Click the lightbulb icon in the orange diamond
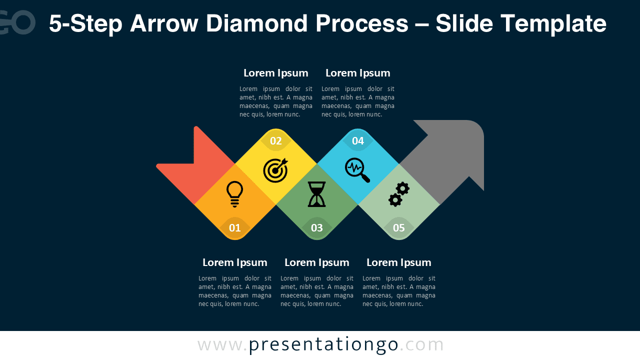pos(234,194)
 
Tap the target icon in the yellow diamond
pos(275,170)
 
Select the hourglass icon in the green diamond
pos(316,194)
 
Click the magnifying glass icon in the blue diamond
pos(357,170)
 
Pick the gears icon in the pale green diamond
pos(399,194)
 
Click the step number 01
pos(234,228)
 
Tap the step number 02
pos(276,141)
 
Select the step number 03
pos(317,228)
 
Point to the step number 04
pos(358,141)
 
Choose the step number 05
pos(399,228)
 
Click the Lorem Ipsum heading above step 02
pos(276,73)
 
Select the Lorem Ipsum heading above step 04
pos(358,73)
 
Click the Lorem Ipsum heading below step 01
pos(235,262)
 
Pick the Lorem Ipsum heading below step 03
pos(317,262)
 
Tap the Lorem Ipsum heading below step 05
pos(399,262)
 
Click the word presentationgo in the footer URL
pos(323,344)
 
